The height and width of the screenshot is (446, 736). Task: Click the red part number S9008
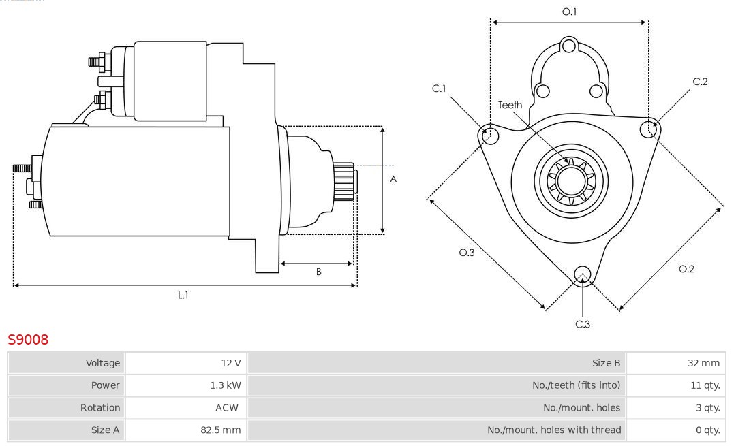click(28, 339)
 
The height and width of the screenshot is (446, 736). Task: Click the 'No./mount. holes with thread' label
click(554, 430)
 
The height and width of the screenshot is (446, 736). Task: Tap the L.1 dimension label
click(183, 295)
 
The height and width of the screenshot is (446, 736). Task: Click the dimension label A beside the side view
click(393, 180)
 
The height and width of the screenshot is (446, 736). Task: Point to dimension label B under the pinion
click(318, 272)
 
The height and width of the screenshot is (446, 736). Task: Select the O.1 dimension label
click(569, 12)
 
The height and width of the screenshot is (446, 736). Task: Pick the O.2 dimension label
click(686, 269)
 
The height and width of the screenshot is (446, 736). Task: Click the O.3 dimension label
click(466, 253)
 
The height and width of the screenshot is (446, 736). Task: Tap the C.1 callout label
click(439, 89)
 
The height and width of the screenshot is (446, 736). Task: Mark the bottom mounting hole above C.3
click(582, 274)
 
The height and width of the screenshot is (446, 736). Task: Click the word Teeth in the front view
click(510, 105)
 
